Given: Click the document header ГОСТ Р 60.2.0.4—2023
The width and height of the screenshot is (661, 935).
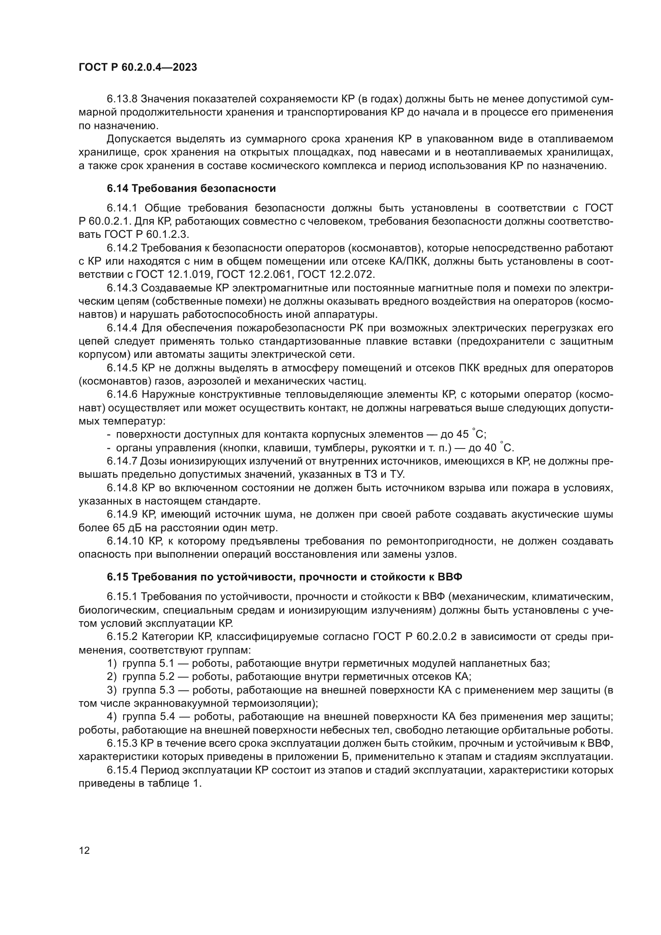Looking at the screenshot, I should [x=137, y=67].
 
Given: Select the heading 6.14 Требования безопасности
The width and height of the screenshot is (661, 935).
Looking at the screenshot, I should [x=191, y=189].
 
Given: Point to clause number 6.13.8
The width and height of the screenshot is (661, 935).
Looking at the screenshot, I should [x=122, y=99].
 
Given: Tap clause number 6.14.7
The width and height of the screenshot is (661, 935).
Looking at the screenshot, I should [x=122, y=461].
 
